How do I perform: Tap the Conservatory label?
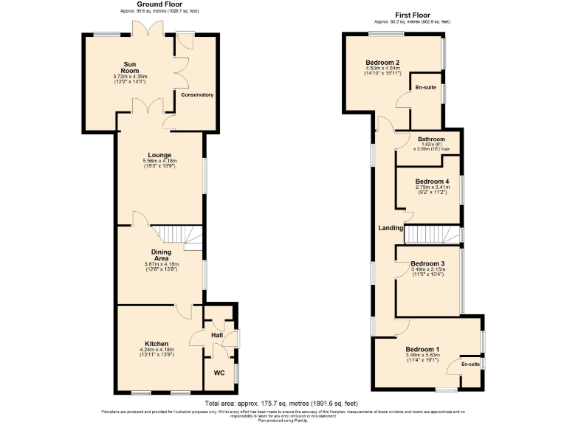pyautogui.click(x=197, y=94)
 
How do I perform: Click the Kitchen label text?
pyautogui.click(x=157, y=344)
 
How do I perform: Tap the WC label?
pyautogui.click(x=219, y=373)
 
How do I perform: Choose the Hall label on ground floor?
pyautogui.click(x=217, y=335)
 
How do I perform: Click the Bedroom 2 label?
pyautogui.click(x=382, y=63)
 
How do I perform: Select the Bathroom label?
pyautogui.click(x=431, y=139)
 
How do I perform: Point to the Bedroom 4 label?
pyautogui.click(x=432, y=182)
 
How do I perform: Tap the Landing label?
pyautogui.click(x=391, y=228)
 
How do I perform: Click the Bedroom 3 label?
pyautogui.click(x=427, y=263)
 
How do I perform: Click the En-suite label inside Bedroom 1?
pyautogui.click(x=471, y=364)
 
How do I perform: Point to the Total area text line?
pyautogui.click(x=283, y=404)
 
